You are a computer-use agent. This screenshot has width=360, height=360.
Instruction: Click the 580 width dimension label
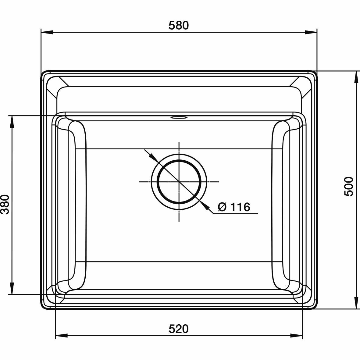pyautogui.click(x=179, y=25)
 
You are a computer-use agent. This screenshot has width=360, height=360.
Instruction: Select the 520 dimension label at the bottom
pyautogui.click(x=179, y=329)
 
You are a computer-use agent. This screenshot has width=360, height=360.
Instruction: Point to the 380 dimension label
pyautogui.click(x=5, y=204)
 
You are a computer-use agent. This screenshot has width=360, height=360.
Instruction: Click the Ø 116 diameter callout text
pyautogui.click(x=234, y=207)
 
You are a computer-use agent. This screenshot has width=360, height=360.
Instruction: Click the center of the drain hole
pyautogui.click(x=179, y=182)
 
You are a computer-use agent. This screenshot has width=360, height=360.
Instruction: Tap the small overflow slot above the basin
pyautogui.click(x=179, y=117)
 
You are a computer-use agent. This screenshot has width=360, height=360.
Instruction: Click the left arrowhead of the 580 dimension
pyautogui.click(x=47, y=32)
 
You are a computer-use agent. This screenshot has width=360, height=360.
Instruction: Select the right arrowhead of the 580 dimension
pyautogui.click(x=311, y=32)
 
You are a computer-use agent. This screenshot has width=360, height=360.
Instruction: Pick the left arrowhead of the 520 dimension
pyautogui.click(x=62, y=336)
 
